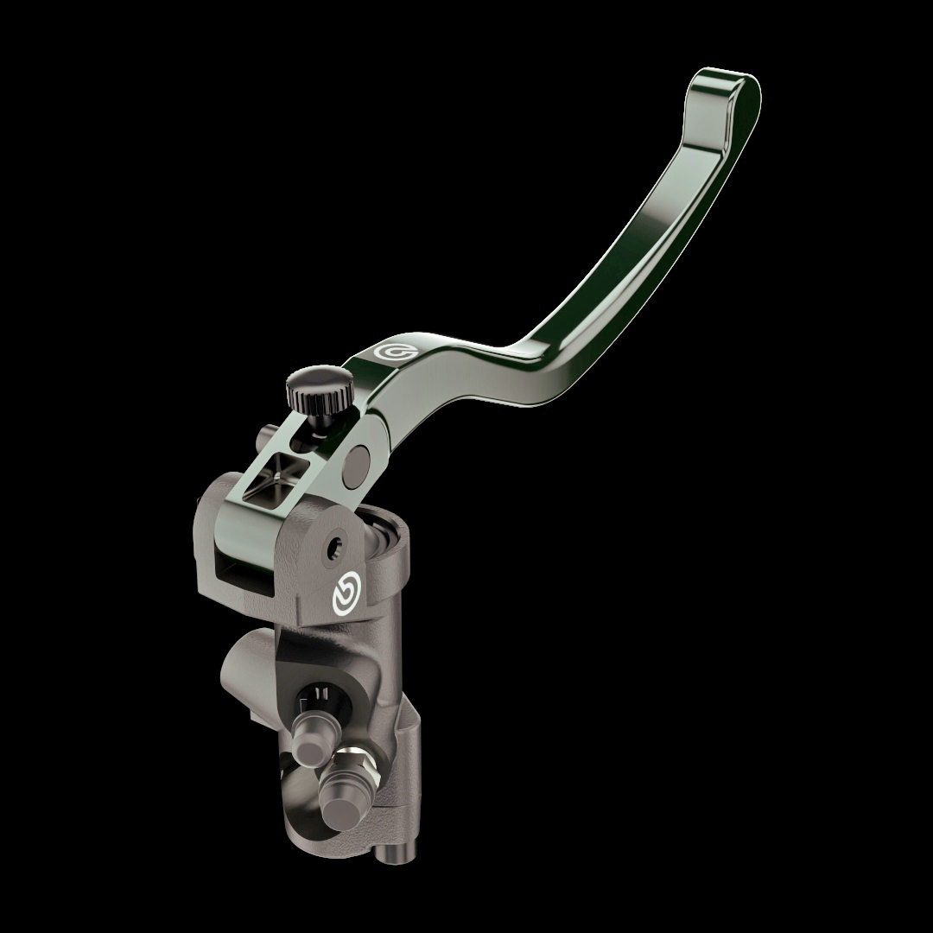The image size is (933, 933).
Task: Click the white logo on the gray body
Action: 343,595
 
